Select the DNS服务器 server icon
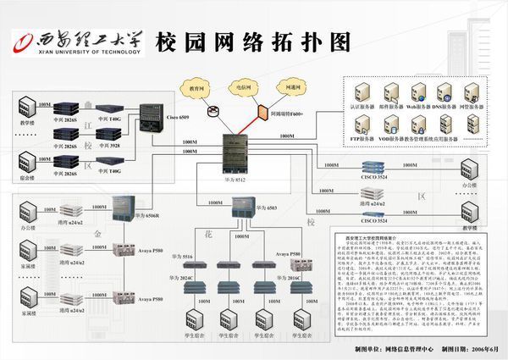click(444, 93)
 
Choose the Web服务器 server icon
click(417, 93)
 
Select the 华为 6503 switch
click(246, 206)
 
